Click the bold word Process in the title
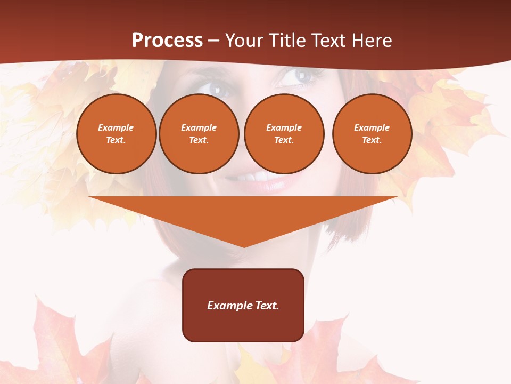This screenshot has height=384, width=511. point(167,41)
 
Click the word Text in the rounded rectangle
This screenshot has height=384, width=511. point(266,306)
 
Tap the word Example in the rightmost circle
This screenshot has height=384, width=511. point(372,127)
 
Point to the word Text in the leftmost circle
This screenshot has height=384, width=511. point(116,140)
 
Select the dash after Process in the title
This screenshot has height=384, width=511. point(214,41)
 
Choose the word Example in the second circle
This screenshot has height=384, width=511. point(199,127)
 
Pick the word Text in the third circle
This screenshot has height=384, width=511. point(284,140)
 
